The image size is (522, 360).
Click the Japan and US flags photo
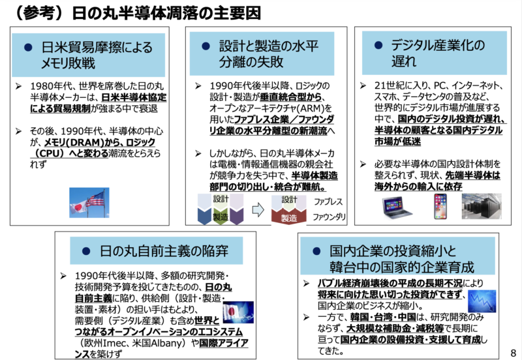(x=89, y=202)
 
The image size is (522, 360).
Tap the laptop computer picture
(x=397, y=207)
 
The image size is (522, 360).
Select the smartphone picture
(x=440, y=206)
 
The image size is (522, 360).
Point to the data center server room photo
(x=482, y=206)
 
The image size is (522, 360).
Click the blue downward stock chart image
(x=482, y=301)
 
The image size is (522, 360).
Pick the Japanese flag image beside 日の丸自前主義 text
(x=238, y=312)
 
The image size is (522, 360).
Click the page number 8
(x=513, y=353)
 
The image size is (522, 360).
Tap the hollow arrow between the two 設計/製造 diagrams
(x=258, y=209)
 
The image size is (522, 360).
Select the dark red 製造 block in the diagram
(x=288, y=217)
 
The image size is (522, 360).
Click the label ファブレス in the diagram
(x=328, y=202)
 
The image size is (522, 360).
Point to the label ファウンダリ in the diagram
(x=329, y=217)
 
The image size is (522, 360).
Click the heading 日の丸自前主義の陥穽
(x=164, y=251)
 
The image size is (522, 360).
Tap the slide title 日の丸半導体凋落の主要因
(x=166, y=13)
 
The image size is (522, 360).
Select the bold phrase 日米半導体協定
(x=134, y=97)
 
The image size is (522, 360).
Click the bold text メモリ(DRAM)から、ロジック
(x=100, y=142)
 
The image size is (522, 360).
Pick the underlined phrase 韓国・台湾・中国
(x=383, y=317)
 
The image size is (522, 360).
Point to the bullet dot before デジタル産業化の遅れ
(x=378, y=45)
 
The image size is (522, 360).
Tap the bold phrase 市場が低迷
(x=397, y=142)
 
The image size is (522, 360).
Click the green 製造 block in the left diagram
(x=221, y=217)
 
